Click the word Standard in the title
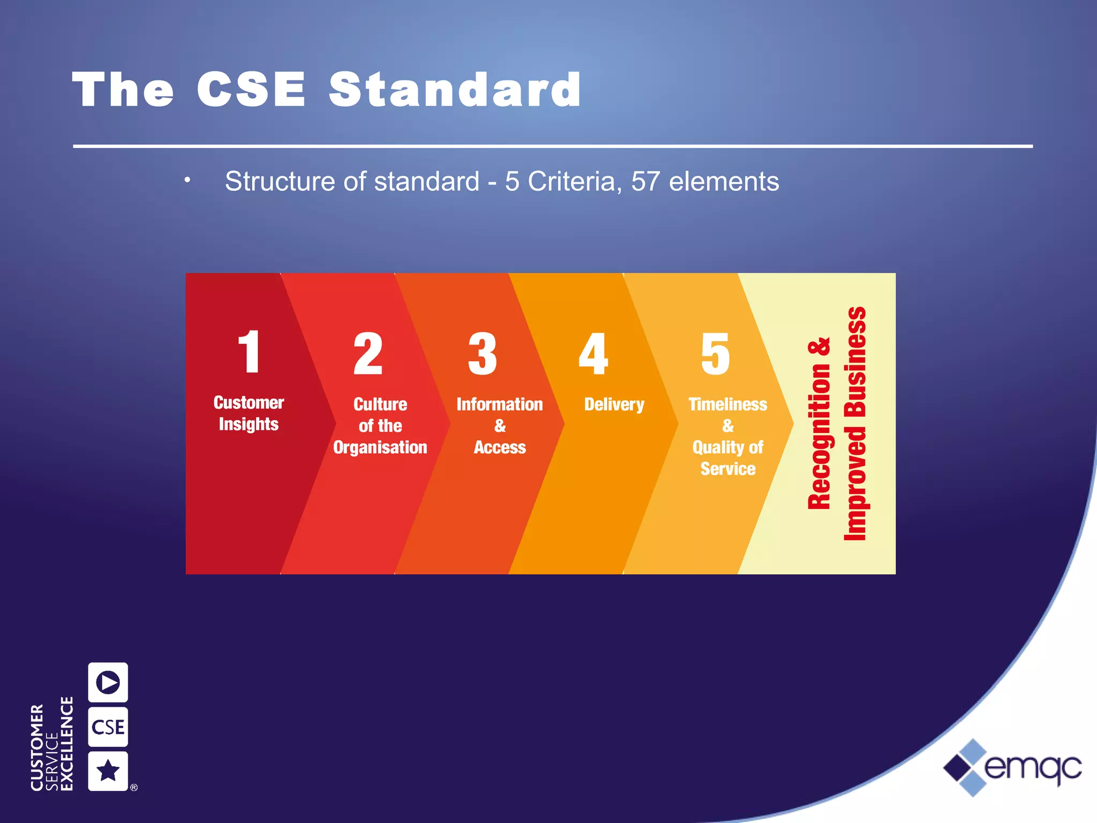(455, 90)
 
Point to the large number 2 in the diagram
(368, 354)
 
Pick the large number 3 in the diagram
(482, 354)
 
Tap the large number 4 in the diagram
(593, 354)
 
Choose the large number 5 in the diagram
(715, 354)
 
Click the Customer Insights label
(249, 413)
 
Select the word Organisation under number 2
(380, 447)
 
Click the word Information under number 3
(499, 405)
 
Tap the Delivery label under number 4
(614, 405)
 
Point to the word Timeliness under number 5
(727, 405)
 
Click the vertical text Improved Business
(855, 423)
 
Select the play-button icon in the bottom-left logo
(108, 683)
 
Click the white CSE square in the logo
(108, 727)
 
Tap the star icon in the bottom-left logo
(108, 771)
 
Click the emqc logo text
(1032, 768)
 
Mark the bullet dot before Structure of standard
(187, 180)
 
